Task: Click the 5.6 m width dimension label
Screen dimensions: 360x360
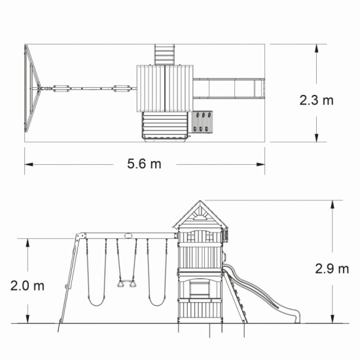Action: [x=144, y=164]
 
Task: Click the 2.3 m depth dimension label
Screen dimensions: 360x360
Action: [x=316, y=100]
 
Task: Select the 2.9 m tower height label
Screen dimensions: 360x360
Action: [x=332, y=268]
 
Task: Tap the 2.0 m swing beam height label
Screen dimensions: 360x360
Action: [x=27, y=286]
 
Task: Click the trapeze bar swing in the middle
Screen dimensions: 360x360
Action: [x=127, y=284]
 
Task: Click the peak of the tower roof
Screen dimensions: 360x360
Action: [x=200, y=201]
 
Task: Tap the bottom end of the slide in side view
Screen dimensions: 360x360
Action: [x=297, y=322]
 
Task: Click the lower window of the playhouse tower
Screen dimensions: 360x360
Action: [x=200, y=289]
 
